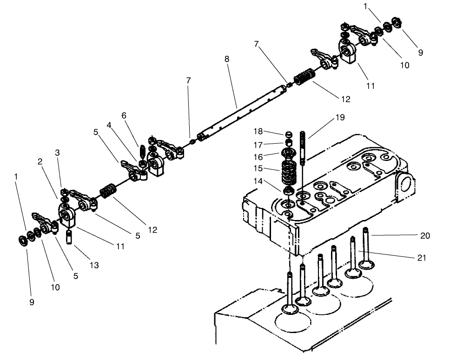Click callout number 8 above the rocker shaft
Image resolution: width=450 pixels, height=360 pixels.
coord(227,60)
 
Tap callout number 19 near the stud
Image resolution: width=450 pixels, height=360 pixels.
coord(340,118)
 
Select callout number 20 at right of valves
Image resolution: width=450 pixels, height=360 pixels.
coord(424,236)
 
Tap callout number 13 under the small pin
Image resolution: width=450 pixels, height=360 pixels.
coord(94,265)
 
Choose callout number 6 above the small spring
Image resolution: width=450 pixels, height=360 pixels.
coord(124,115)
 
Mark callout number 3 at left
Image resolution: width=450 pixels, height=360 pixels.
coord(57,153)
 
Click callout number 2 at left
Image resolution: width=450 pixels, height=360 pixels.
coord(40,161)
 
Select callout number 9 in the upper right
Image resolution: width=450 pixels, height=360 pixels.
coord(420,53)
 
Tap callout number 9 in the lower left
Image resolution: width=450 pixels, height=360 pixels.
coord(32,302)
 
